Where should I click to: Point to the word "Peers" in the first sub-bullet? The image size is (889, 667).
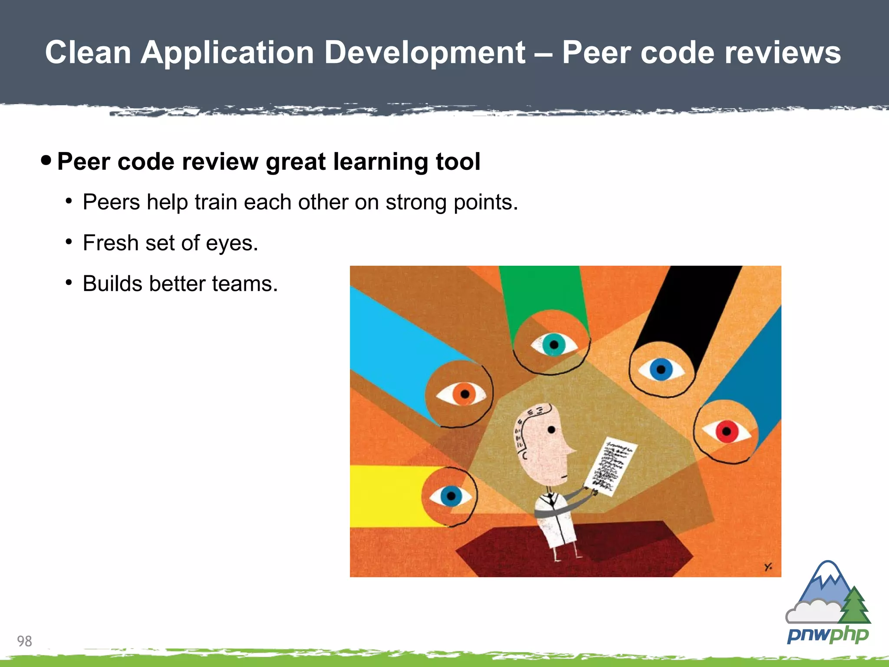point(111,202)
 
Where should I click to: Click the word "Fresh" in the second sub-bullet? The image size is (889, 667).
point(110,243)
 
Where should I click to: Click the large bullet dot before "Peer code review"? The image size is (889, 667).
point(46,161)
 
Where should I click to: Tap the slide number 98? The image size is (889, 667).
point(24,641)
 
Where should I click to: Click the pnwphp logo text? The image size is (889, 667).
point(828,635)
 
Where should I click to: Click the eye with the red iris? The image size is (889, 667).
point(726,432)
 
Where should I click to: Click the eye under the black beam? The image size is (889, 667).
point(661,370)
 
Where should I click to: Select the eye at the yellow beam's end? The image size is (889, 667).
point(451,495)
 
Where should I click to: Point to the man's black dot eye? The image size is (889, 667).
point(551,430)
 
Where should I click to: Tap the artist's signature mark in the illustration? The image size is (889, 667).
point(768,566)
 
